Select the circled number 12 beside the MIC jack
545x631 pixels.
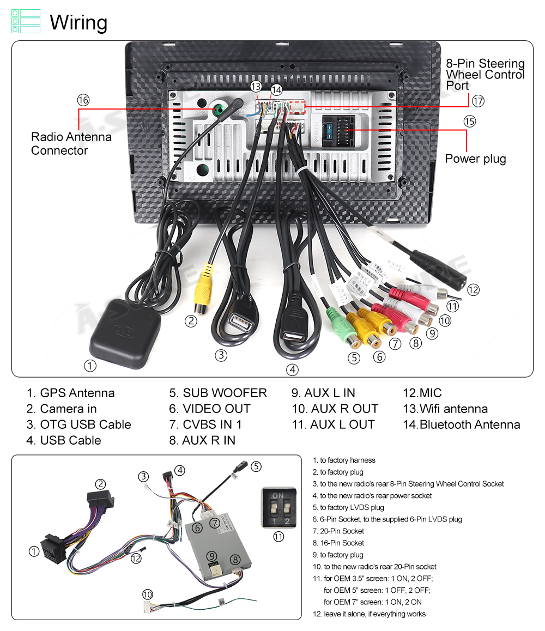473,290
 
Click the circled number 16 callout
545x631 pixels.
83,100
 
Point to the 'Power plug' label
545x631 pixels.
475,159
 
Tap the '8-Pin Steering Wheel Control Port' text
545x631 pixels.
485,75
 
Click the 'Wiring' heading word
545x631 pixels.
78,23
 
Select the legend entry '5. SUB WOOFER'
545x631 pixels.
218,393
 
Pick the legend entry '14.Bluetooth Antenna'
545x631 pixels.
461,424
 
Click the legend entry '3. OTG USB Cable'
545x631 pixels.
79,424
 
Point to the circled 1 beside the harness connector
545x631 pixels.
34,551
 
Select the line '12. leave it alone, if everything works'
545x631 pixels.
369,614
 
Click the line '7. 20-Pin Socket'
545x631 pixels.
338,531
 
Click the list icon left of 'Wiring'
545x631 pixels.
26,21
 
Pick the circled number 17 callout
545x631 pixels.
478,101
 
